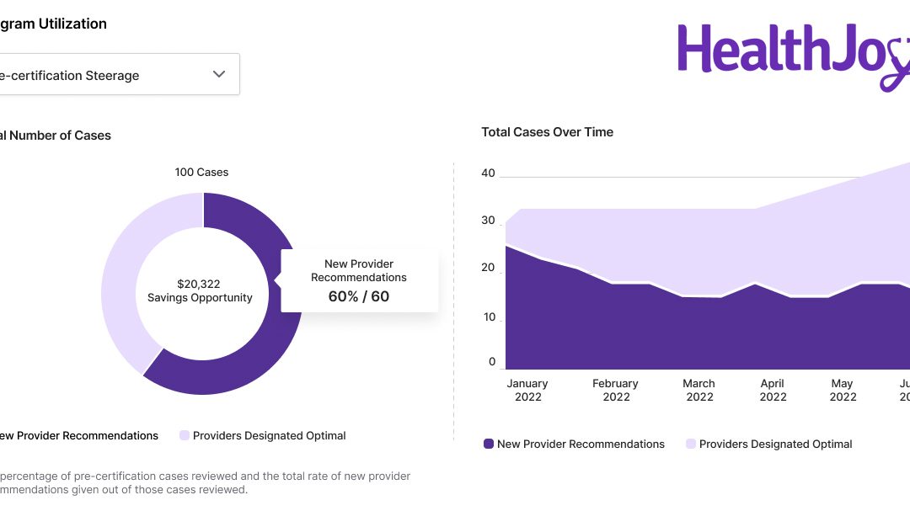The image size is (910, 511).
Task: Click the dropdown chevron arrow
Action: pos(219,74)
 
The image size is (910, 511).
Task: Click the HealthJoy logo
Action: pos(792,51)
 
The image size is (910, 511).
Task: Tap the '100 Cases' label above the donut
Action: pos(201,172)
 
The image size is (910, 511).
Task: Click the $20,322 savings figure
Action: pos(199,284)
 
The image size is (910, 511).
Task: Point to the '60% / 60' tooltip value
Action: pos(358,296)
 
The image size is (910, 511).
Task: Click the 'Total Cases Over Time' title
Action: pos(547,132)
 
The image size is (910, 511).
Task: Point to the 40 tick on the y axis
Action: pos(488,173)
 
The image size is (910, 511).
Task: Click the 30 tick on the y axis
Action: pos(488,221)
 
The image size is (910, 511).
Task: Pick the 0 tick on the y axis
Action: pos(492,362)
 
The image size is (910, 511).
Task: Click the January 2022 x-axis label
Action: pos(527,390)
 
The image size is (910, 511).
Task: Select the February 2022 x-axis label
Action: pos(615,390)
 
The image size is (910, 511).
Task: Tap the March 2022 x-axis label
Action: pos(699,390)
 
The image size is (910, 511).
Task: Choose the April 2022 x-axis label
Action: pos(773,390)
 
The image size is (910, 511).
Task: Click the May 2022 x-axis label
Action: pos(843,390)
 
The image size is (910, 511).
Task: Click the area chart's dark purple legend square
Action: pos(489,444)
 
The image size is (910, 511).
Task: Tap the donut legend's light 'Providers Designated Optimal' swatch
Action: pos(185,435)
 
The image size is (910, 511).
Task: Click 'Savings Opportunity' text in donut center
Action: pos(200,298)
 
